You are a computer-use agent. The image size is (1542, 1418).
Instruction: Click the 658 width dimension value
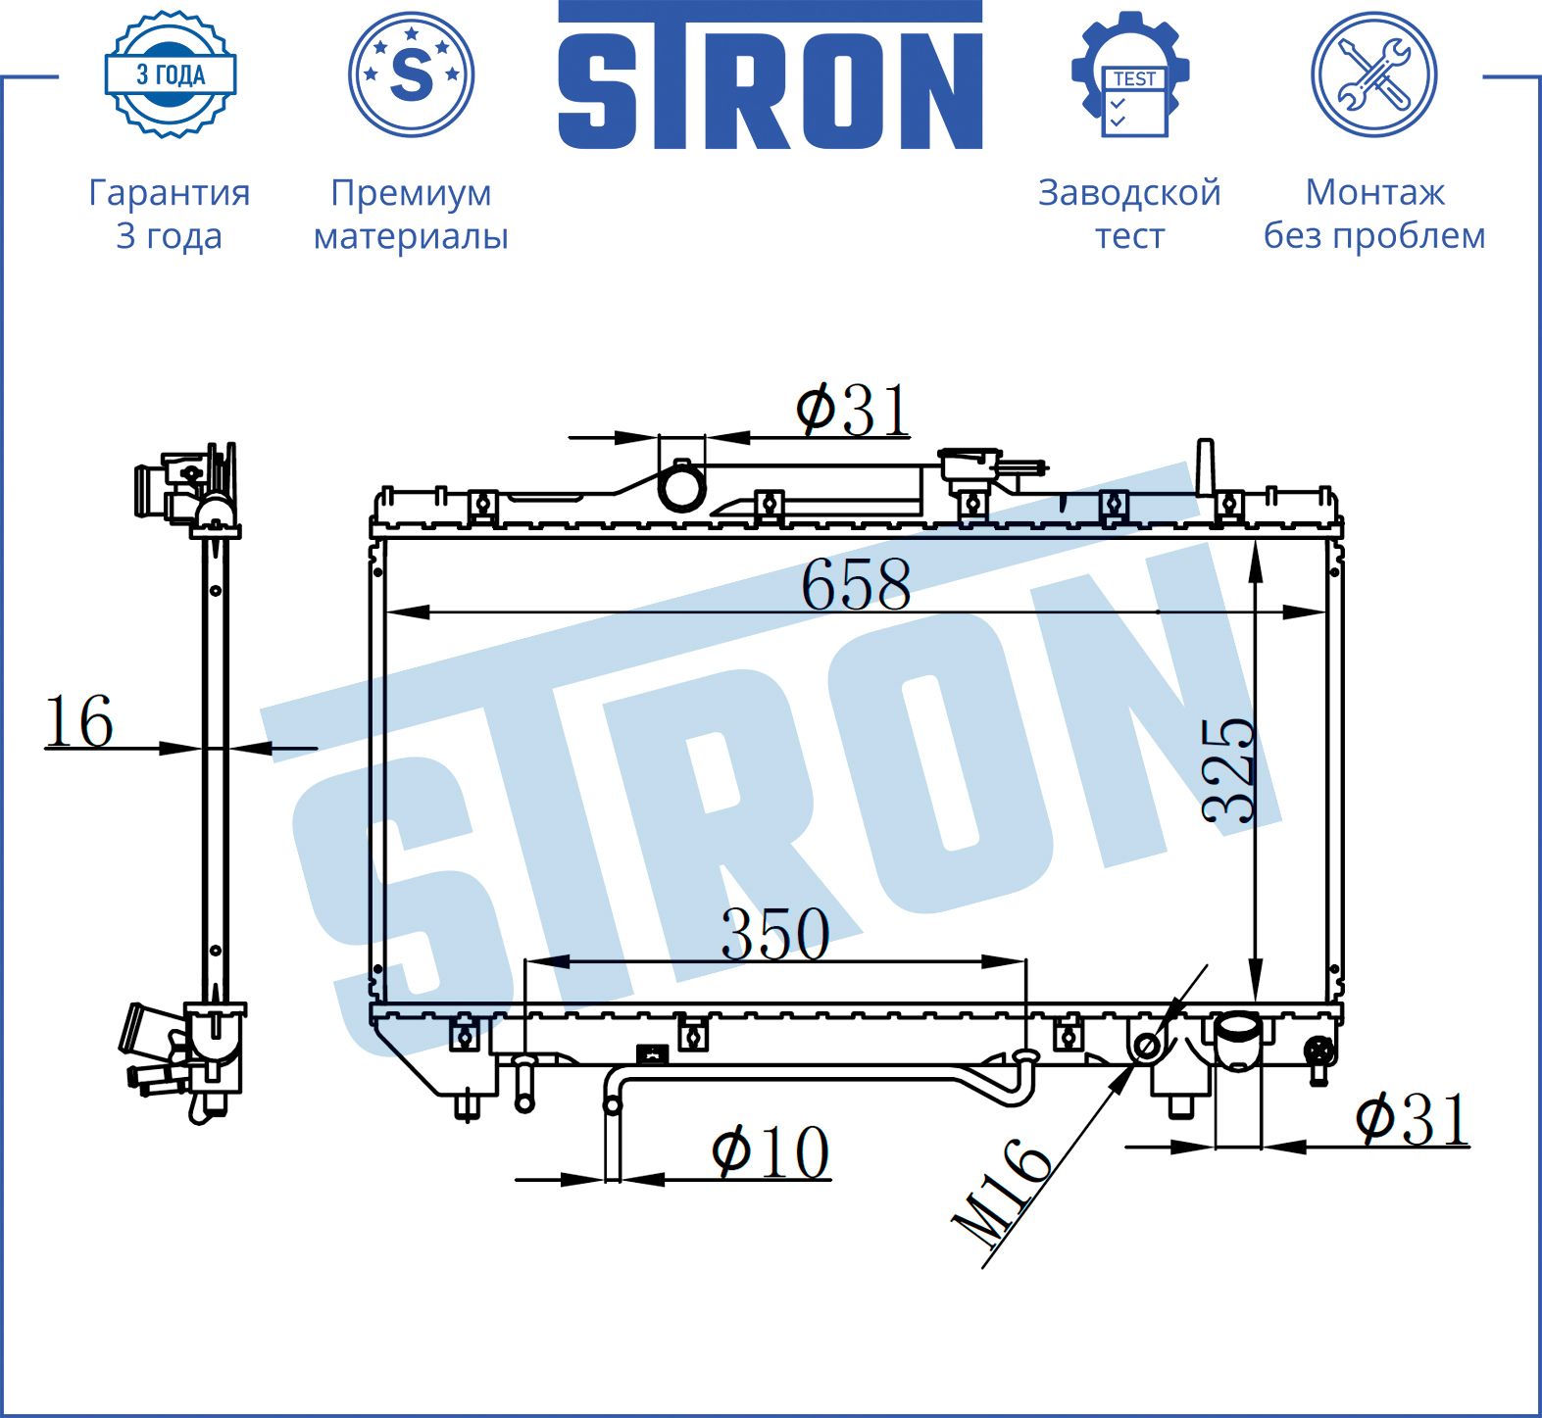point(856,585)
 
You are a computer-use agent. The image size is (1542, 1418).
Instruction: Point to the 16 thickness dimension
point(79,722)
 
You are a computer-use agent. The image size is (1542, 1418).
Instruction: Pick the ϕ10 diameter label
point(771,1151)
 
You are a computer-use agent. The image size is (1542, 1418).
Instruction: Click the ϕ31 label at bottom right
point(1413,1118)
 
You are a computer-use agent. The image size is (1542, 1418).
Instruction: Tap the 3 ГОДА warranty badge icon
point(171,74)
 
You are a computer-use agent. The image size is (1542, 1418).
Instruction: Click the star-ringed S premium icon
point(412,74)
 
